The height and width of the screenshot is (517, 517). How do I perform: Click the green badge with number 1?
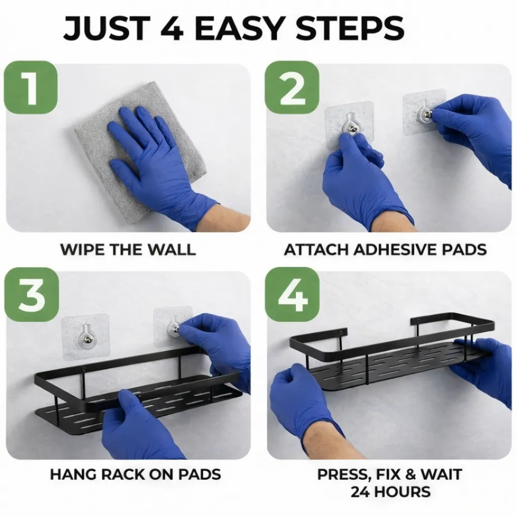pyautogui.click(x=31, y=87)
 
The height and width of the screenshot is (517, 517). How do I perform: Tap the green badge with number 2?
pyautogui.click(x=292, y=87)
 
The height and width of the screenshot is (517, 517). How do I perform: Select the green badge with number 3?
pyautogui.click(x=31, y=294)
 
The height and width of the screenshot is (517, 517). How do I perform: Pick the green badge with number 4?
pyautogui.click(x=292, y=294)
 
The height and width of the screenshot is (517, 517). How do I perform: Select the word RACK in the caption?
pyautogui.click(x=124, y=475)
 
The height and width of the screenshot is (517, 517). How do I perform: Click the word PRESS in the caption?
pyautogui.click(x=342, y=475)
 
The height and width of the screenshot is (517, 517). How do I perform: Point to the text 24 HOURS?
pyautogui.click(x=390, y=492)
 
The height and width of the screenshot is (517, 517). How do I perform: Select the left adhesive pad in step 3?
pyautogui.click(x=85, y=336)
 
